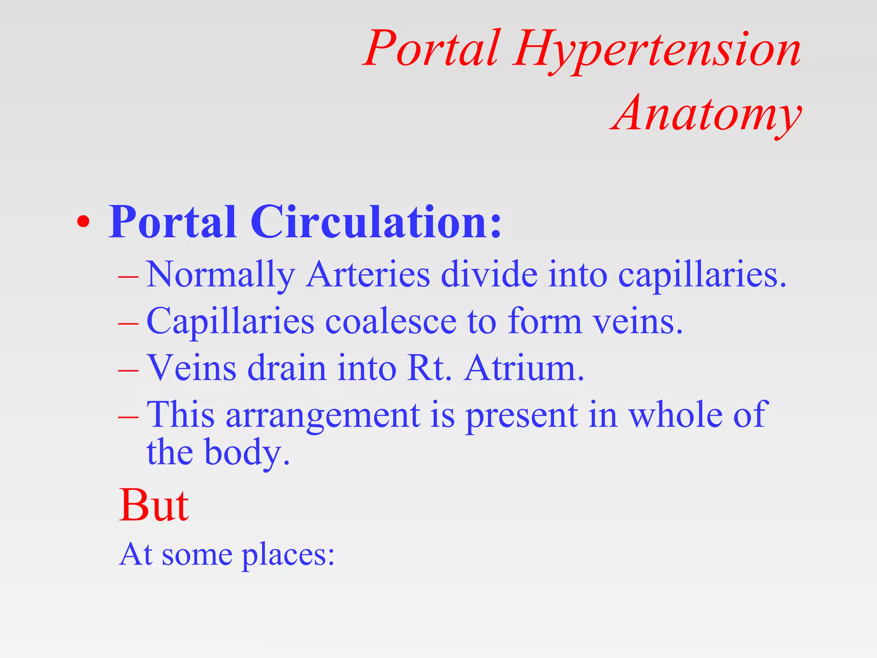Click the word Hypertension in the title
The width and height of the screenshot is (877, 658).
pyautogui.click(x=657, y=49)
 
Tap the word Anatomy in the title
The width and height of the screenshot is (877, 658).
pyautogui.click(x=706, y=114)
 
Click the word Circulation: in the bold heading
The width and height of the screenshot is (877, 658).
pyautogui.click(x=376, y=222)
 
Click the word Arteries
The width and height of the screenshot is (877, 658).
pyautogui.click(x=368, y=274)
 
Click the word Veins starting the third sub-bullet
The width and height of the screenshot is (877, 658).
pyautogui.click(x=191, y=368)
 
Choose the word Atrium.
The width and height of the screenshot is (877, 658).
pyautogui.click(x=524, y=368)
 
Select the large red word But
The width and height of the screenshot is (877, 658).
pyautogui.click(x=153, y=505)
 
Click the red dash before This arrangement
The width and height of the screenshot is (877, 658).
pyautogui.click(x=128, y=416)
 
